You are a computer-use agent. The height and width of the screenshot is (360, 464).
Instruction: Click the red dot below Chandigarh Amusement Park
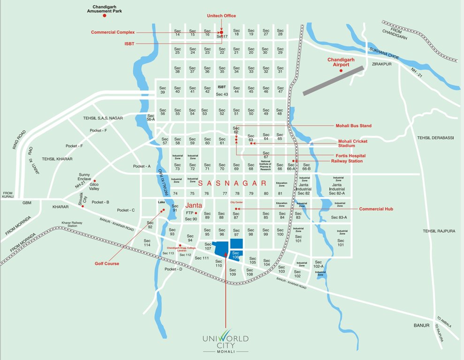(105, 15)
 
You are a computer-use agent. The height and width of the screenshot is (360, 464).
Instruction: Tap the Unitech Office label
(221, 16)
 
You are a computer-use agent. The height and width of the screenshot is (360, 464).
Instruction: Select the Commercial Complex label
(113, 32)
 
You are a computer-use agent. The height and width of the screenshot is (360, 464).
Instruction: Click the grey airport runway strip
(334, 81)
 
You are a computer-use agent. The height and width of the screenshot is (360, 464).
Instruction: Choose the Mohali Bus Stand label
(353, 126)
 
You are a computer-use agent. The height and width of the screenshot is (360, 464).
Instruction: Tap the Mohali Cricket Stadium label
(353, 143)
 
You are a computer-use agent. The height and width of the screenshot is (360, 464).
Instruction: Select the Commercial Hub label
(376, 209)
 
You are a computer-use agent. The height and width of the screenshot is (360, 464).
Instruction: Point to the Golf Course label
(106, 263)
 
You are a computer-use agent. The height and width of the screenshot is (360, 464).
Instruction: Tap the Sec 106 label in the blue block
(236, 255)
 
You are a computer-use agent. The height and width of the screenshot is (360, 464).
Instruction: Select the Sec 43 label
(222, 95)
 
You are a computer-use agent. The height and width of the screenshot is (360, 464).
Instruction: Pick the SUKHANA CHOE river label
(383, 52)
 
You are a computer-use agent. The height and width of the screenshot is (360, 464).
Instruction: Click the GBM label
(27, 203)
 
